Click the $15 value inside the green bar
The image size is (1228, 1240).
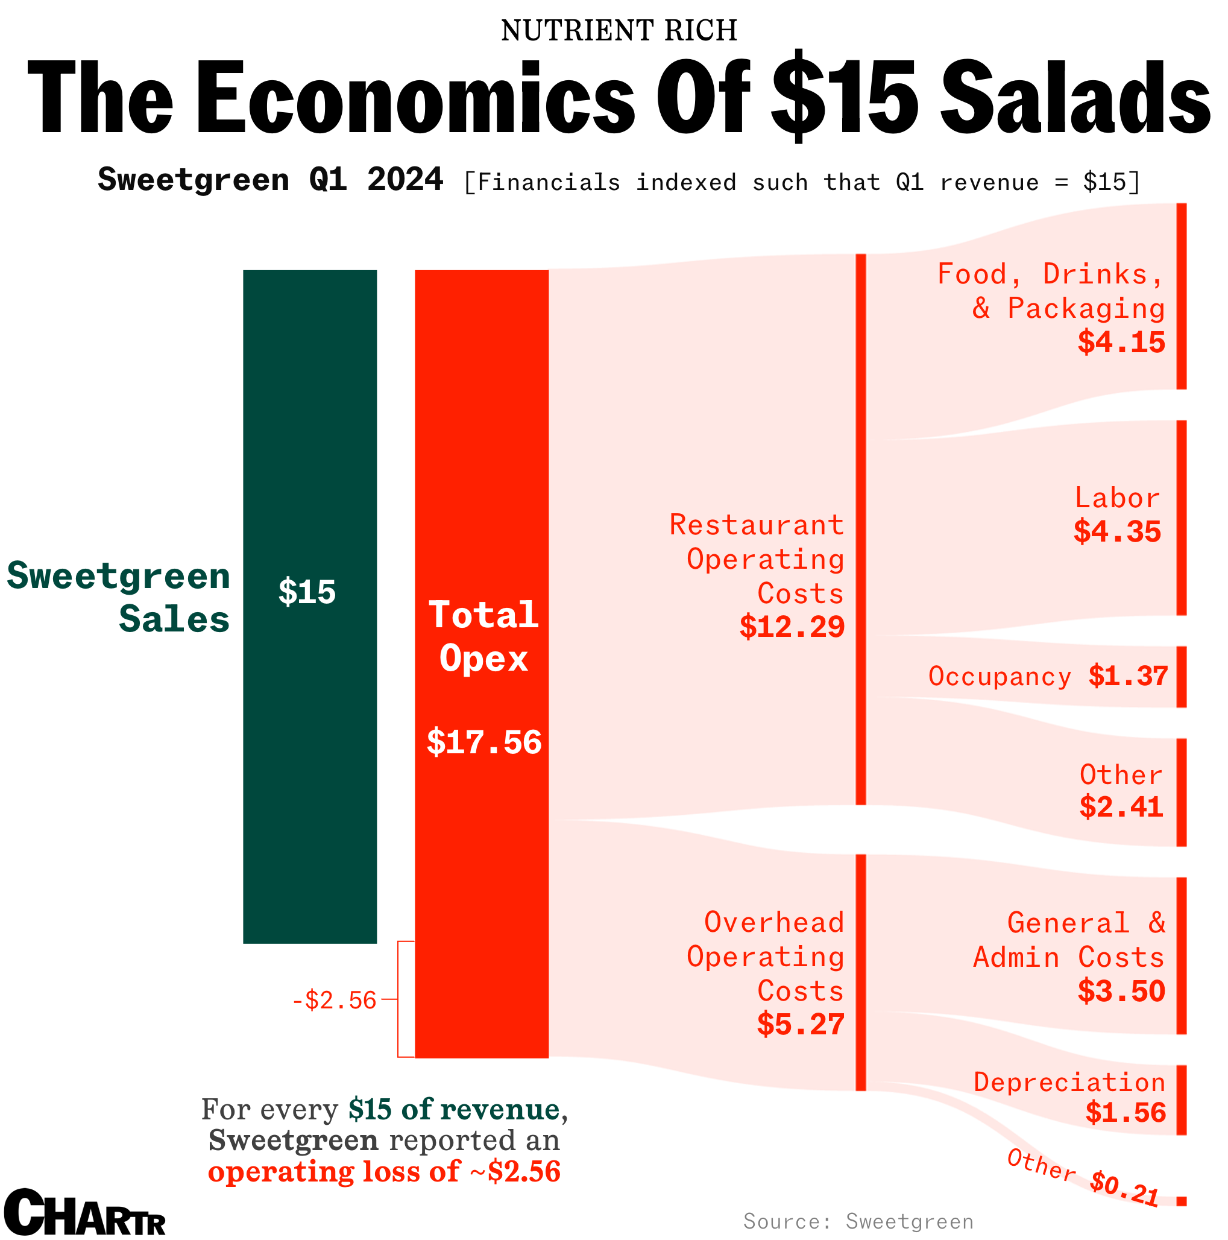click(x=307, y=591)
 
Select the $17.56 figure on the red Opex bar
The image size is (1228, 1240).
click(x=483, y=742)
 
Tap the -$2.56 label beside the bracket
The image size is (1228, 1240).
click(x=333, y=1001)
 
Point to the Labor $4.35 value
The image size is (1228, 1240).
click(x=1117, y=531)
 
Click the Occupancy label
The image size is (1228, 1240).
click(x=999, y=677)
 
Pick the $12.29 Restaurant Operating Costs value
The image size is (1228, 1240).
click(x=791, y=626)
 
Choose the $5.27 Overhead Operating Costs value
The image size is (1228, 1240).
click(x=800, y=1023)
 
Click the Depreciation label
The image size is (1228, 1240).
click(x=1069, y=1082)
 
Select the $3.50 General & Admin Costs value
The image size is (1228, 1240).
click(x=1121, y=991)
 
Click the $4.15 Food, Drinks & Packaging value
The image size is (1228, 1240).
click(x=1121, y=342)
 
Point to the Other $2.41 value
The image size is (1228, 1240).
click(x=1121, y=807)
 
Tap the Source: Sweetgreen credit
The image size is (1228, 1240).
click(x=858, y=1221)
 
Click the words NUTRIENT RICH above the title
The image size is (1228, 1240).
click(x=619, y=30)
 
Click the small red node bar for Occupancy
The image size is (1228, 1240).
click(x=1181, y=677)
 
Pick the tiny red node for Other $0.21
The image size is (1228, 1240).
click(x=1181, y=1201)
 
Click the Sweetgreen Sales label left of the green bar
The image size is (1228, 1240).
click(x=119, y=597)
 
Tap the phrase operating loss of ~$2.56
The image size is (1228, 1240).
click(x=384, y=1171)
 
